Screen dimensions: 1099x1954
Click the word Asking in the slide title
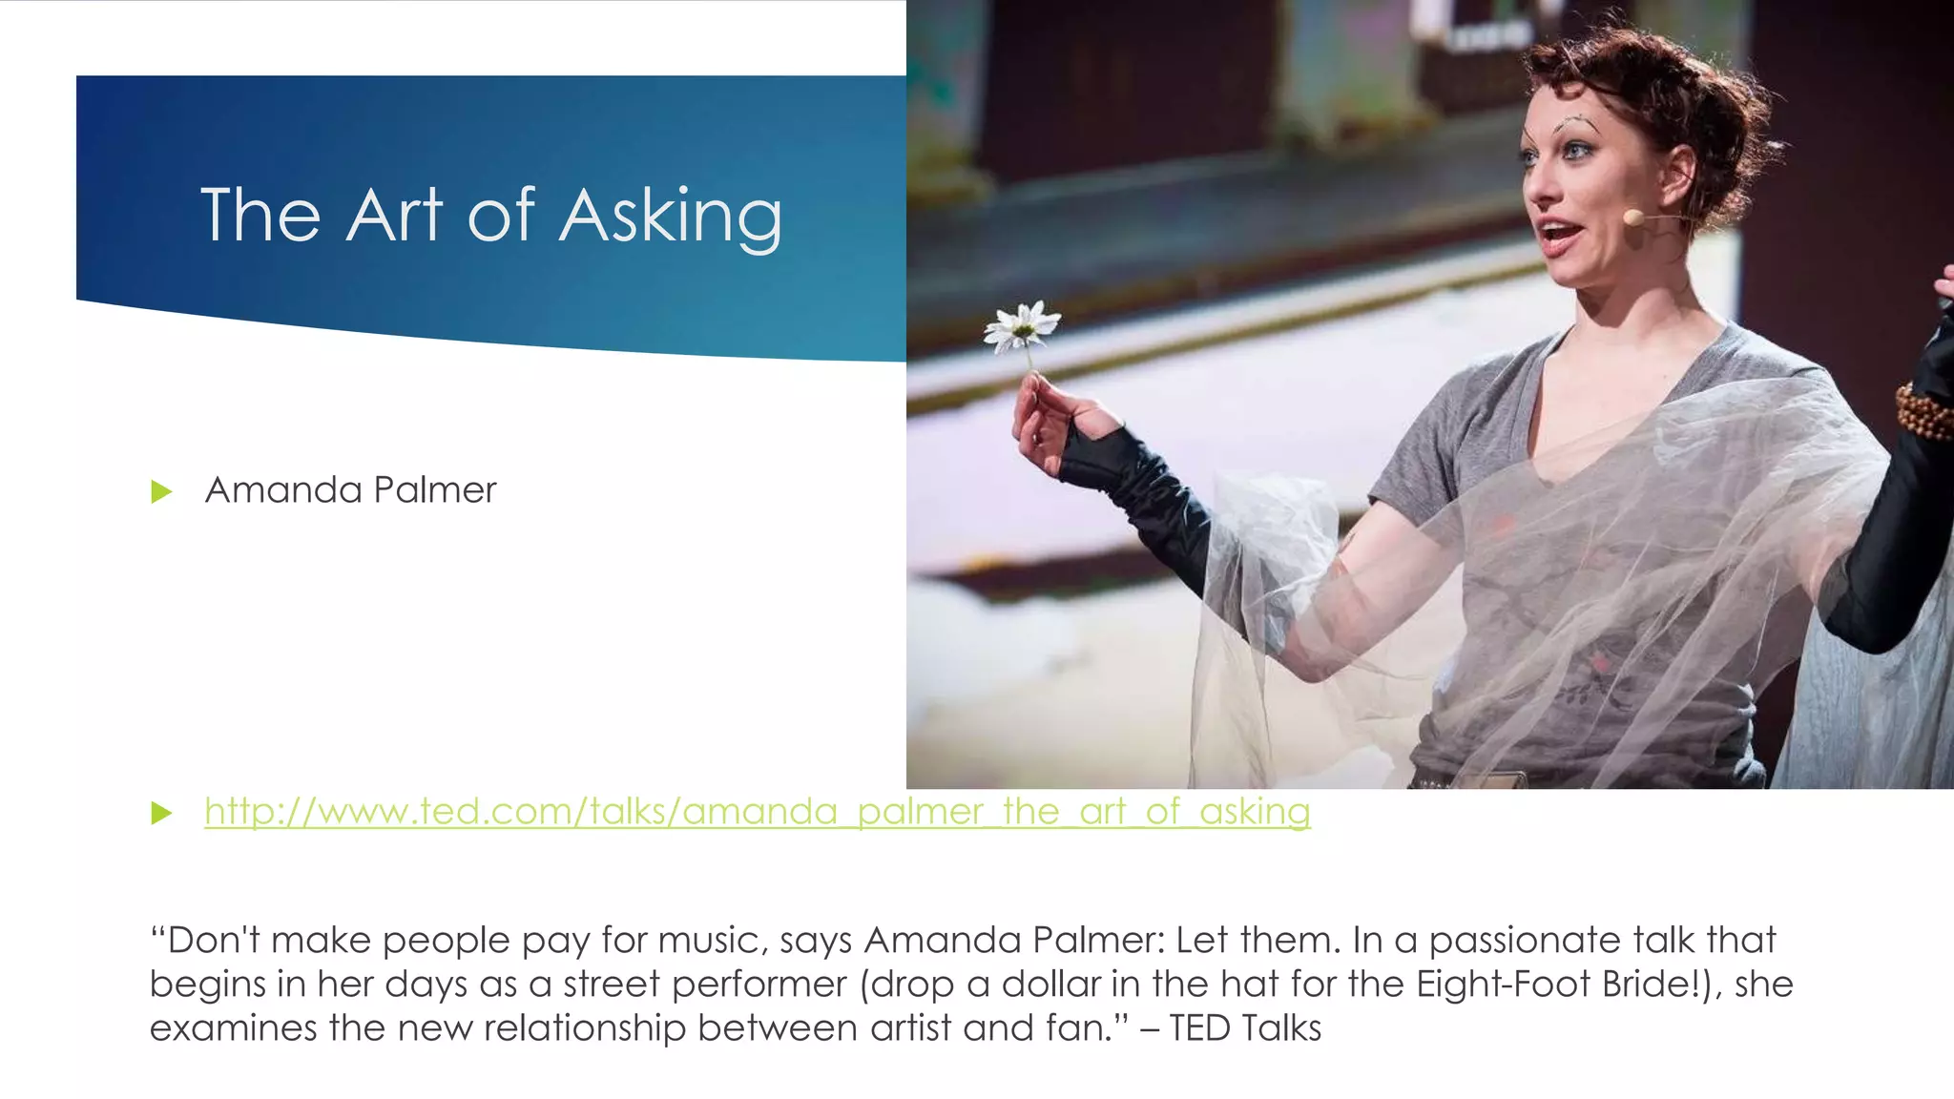tap(671, 218)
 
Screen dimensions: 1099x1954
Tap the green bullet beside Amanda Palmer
tap(161, 492)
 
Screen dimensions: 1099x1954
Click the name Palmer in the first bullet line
tap(435, 490)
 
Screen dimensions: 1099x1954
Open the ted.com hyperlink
tap(757, 812)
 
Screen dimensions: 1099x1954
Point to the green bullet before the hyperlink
tap(161, 813)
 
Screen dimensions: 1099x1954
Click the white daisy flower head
tap(1022, 325)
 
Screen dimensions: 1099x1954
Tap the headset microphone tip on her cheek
tap(1632, 218)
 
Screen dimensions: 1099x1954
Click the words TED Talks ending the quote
tap(1245, 1028)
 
